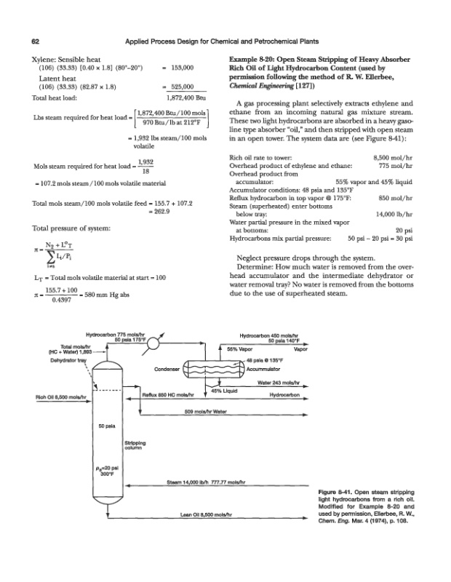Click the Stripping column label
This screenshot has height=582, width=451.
click(135, 442)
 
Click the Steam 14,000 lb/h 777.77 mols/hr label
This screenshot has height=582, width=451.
click(210, 482)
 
